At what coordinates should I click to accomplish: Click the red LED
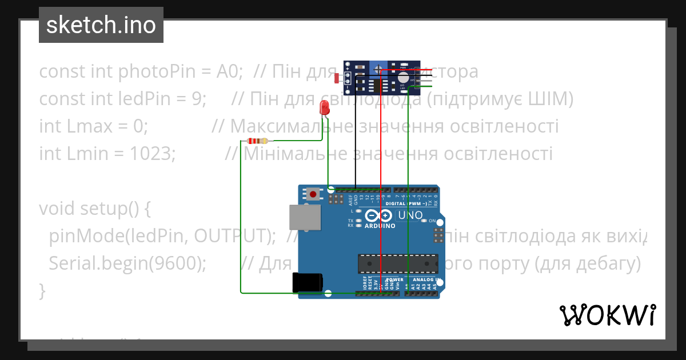[324, 107]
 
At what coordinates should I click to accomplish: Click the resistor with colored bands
[257, 141]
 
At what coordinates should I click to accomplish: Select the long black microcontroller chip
[397, 263]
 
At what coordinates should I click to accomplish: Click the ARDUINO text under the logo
[380, 226]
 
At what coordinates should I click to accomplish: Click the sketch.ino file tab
[101, 25]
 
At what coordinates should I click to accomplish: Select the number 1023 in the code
[149, 154]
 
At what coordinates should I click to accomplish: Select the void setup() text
[94, 209]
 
